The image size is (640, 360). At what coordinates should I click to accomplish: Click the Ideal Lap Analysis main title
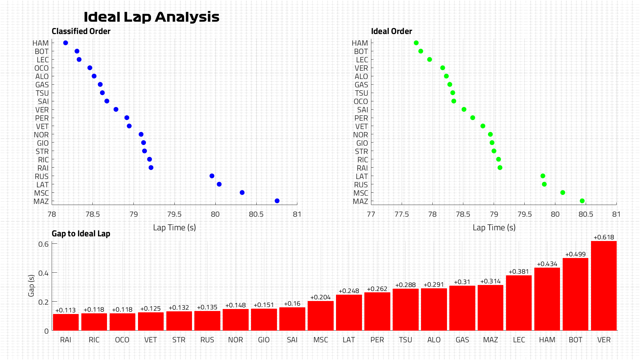click(151, 17)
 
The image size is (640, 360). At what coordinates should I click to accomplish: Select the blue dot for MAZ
click(277, 201)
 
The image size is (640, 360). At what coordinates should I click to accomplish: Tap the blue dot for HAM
click(66, 43)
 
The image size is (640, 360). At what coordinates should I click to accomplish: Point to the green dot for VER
click(443, 68)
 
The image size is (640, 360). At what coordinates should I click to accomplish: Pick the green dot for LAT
click(543, 176)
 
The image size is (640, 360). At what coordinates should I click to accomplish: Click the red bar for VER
click(604, 286)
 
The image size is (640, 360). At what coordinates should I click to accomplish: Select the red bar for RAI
click(66, 322)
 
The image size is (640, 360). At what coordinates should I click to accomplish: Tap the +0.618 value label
click(604, 237)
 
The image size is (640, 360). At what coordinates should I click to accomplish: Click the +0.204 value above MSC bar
click(320, 297)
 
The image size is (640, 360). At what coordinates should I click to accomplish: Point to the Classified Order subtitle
click(81, 31)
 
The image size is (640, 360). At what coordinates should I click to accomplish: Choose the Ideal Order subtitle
click(391, 31)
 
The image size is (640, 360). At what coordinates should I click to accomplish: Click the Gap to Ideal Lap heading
click(81, 234)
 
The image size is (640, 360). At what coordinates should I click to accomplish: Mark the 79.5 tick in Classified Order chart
click(174, 214)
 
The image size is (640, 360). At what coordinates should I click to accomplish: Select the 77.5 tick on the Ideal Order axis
click(402, 214)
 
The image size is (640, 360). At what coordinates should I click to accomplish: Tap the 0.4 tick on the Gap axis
click(43, 273)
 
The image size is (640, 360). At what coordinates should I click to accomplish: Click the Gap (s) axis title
click(31, 286)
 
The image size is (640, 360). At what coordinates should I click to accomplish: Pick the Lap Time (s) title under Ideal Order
click(494, 228)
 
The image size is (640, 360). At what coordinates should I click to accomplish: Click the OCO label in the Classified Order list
click(41, 68)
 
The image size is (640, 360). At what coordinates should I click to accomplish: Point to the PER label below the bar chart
click(377, 340)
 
